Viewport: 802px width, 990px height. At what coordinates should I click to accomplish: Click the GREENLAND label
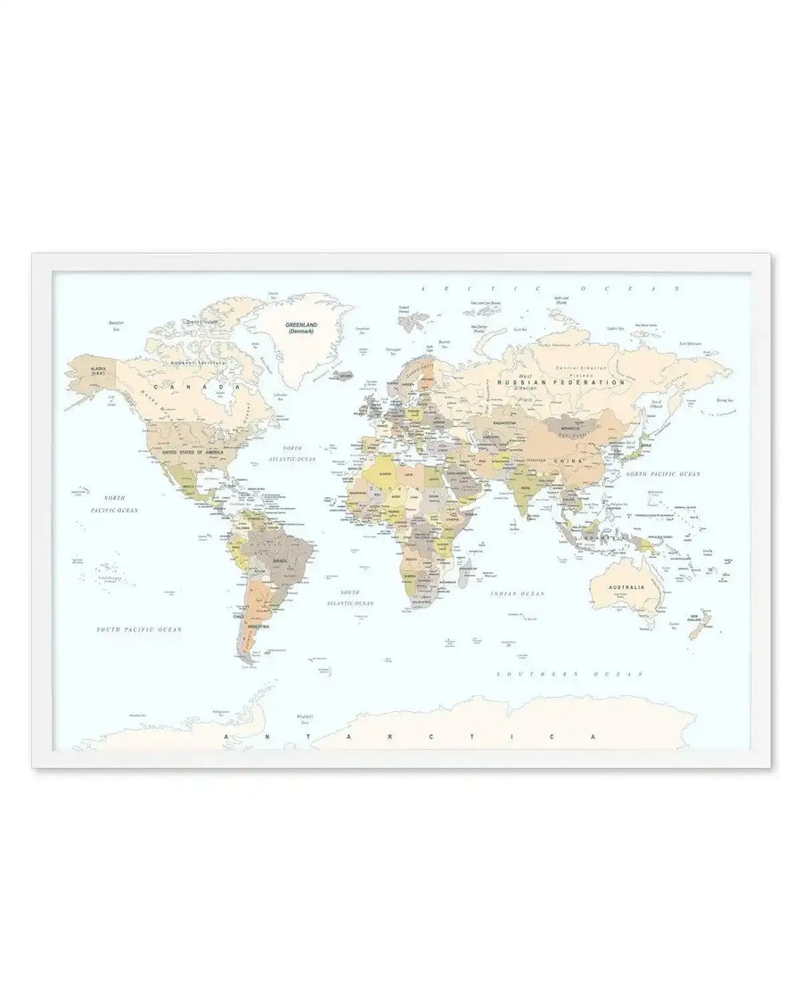coord(302,325)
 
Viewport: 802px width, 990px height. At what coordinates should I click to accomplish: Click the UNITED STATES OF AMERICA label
coord(192,453)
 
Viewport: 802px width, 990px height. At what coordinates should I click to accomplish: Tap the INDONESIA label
coord(598,538)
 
